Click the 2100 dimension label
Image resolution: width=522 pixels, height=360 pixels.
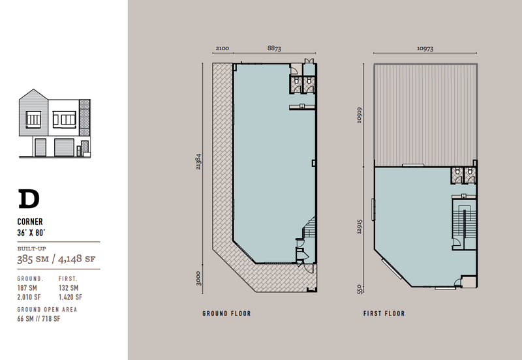(223, 48)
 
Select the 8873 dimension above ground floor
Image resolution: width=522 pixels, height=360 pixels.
(274, 48)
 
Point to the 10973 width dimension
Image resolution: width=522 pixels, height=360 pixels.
(425, 48)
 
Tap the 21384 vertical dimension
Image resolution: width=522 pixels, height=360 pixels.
(198, 162)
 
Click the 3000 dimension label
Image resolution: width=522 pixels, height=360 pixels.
(198, 278)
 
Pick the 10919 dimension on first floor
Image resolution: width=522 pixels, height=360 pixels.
(360, 115)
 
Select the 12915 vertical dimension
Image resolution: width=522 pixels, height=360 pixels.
(360, 226)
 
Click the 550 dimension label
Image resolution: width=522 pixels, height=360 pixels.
(360, 289)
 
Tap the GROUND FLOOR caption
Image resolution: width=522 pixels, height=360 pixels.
(226, 314)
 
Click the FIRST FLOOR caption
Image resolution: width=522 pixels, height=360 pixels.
(384, 314)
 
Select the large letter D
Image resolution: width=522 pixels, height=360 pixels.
(29, 199)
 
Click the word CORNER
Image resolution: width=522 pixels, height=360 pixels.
(30, 222)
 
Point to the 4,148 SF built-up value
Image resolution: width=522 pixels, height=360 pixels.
(76, 259)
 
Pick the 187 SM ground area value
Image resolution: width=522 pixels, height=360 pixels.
(27, 288)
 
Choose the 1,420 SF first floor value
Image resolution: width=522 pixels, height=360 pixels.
(70, 297)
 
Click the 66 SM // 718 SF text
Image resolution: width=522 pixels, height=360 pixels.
(38, 319)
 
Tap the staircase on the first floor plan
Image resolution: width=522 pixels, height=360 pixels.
(463, 221)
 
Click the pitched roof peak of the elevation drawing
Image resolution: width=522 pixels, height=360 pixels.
(33, 89)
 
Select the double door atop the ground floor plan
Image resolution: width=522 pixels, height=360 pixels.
(309, 61)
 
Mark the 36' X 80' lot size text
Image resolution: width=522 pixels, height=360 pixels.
(31, 232)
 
